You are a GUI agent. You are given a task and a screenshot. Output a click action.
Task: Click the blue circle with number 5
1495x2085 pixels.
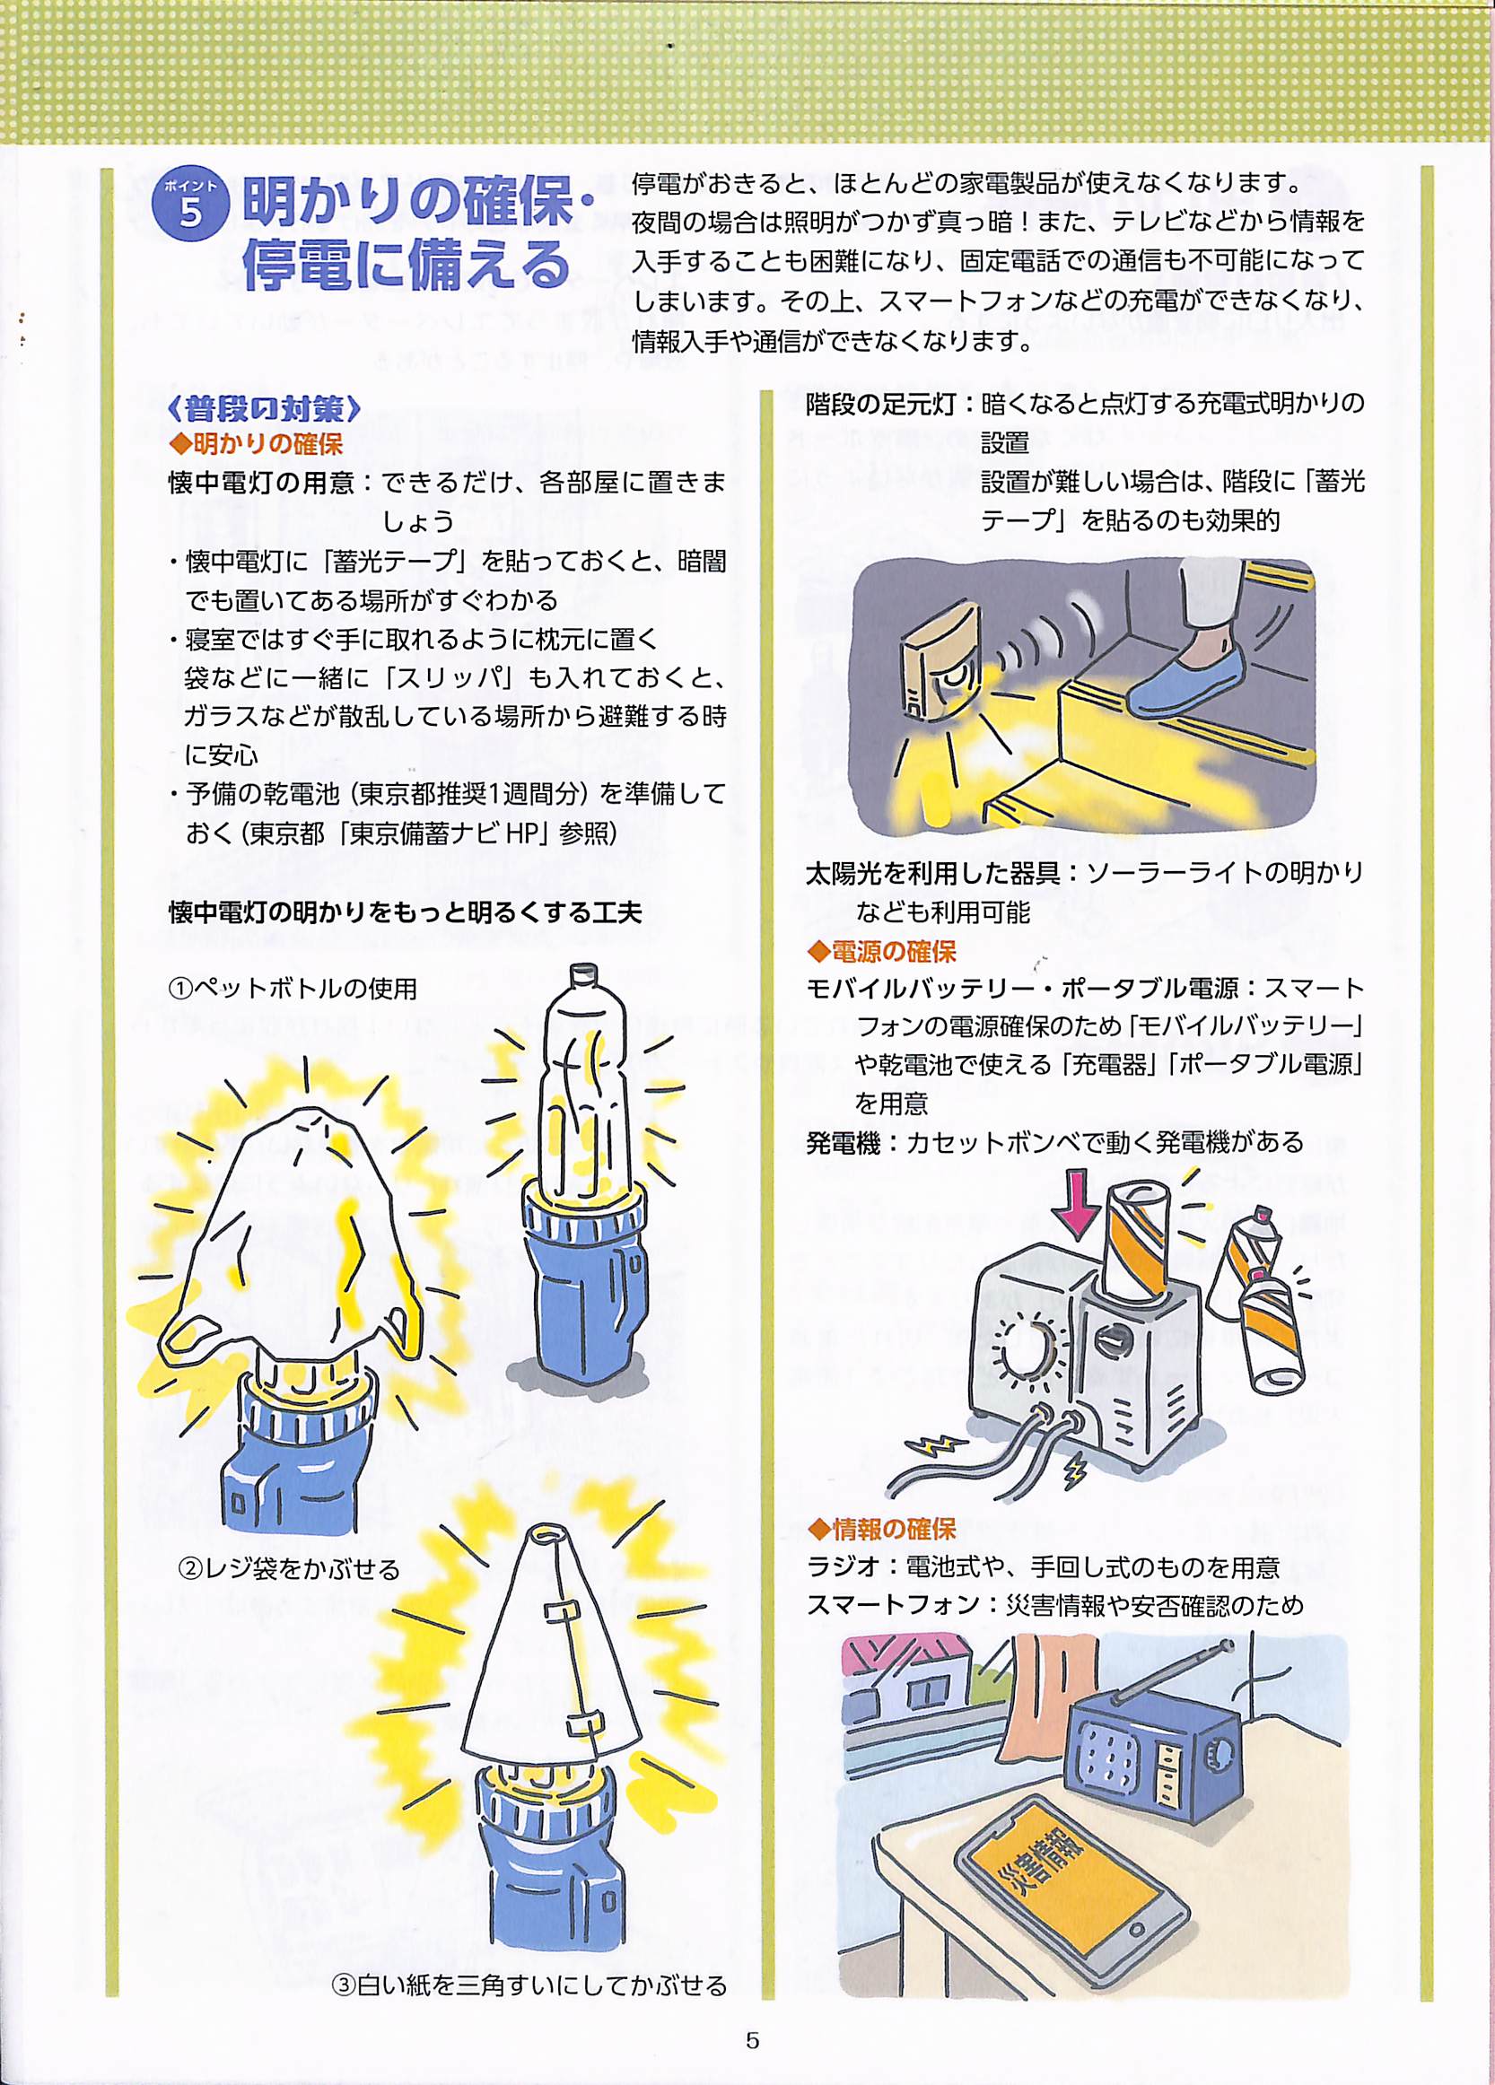click(189, 206)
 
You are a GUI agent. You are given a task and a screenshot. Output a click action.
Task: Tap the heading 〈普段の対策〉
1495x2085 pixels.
click(264, 408)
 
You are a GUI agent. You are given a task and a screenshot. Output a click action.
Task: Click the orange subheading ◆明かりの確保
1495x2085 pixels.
click(257, 445)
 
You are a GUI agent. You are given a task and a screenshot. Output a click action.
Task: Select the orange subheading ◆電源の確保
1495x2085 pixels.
click(882, 951)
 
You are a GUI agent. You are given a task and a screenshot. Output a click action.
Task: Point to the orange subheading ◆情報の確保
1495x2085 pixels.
click(882, 1529)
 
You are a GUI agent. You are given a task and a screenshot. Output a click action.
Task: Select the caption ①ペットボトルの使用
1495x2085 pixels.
click(293, 990)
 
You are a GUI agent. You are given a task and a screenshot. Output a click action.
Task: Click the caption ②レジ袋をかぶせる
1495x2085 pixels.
click(288, 1569)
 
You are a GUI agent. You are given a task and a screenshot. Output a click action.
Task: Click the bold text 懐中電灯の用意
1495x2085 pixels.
click(261, 483)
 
